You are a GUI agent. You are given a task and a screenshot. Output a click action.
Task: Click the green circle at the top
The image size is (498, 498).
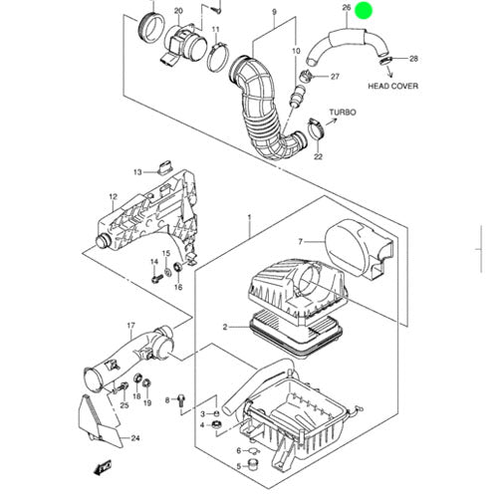pyautogui.click(x=364, y=11)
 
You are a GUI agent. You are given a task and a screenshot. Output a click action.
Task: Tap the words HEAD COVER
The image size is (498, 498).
pyautogui.click(x=393, y=86)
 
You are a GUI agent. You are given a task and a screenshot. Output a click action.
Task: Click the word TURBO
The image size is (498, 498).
pyautogui.click(x=343, y=113)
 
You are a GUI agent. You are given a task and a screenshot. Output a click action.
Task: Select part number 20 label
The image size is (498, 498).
pyautogui.click(x=178, y=11)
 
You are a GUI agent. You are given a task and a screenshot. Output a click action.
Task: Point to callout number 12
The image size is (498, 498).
pyautogui.click(x=114, y=197)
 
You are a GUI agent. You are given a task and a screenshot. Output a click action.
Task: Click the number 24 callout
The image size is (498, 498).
pyautogui.click(x=135, y=438)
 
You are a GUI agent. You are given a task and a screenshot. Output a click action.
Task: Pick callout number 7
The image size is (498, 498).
pyautogui.click(x=301, y=242)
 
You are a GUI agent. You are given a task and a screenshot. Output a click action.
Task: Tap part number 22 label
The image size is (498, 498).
pyautogui.click(x=318, y=156)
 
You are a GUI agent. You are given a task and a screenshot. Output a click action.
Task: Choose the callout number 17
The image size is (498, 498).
pyautogui.click(x=131, y=326)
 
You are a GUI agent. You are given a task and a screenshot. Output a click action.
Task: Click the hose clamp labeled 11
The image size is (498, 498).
pyautogui.click(x=218, y=59)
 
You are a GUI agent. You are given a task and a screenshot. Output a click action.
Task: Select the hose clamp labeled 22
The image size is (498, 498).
pyautogui.click(x=316, y=128)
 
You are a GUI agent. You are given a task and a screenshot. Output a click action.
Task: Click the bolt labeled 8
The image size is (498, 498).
pyautogui.click(x=181, y=400)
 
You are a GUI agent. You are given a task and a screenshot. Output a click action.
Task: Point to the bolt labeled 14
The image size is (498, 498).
pyautogui.click(x=156, y=278)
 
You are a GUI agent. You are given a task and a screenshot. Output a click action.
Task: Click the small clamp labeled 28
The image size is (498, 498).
pyautogui.click(x=385, y=61)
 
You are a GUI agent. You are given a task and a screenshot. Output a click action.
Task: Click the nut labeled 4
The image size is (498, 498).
pyautogui.click(x=217, y=425)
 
